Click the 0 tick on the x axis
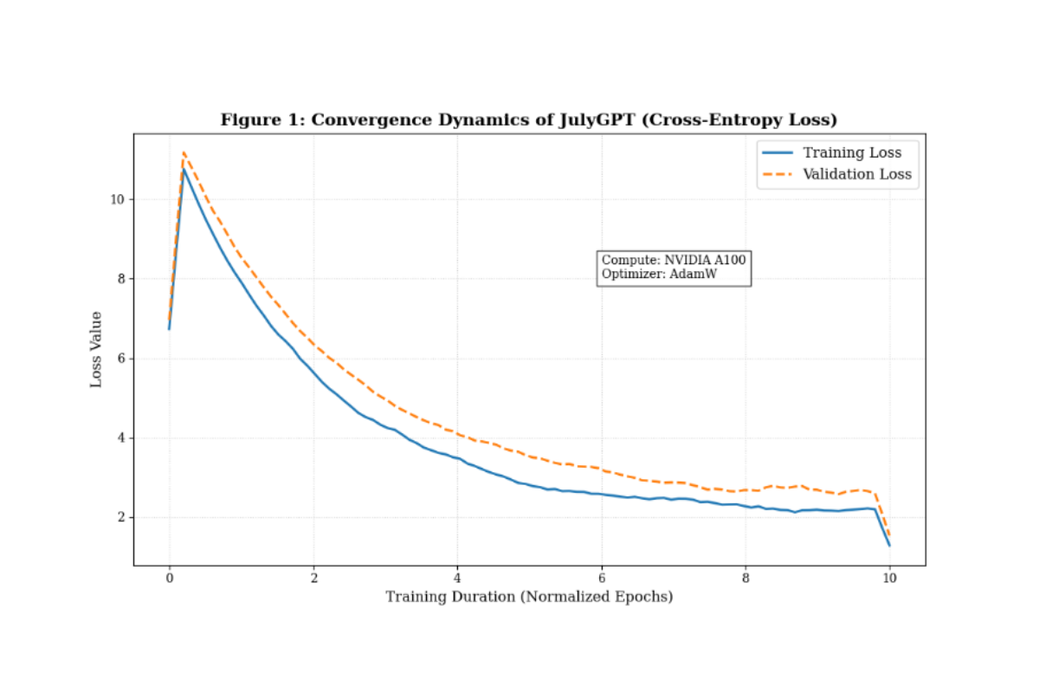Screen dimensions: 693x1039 169,578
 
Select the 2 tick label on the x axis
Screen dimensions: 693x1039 313,578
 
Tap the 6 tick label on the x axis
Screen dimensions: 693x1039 602,578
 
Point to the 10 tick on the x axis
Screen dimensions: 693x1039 890,578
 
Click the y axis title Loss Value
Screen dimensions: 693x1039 97,349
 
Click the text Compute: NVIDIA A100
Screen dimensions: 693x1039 674,260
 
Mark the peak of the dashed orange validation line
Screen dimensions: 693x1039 184,152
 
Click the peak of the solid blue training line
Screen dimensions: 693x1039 184,169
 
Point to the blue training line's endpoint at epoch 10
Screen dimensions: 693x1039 889,545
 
